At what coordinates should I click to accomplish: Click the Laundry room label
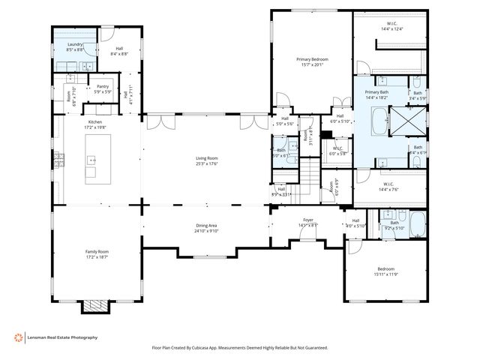coord(74,45)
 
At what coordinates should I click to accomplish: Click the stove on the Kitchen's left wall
coord(56,160)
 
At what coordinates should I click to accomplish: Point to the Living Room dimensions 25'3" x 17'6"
coord(207,164)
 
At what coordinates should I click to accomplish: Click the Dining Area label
coord(207,226)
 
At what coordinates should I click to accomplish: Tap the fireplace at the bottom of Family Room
coord(95,305)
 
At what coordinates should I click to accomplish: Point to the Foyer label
coord(308,220)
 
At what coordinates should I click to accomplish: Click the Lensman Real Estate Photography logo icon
coord(17,337)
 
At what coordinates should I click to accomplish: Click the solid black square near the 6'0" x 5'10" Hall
coord(325,134)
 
